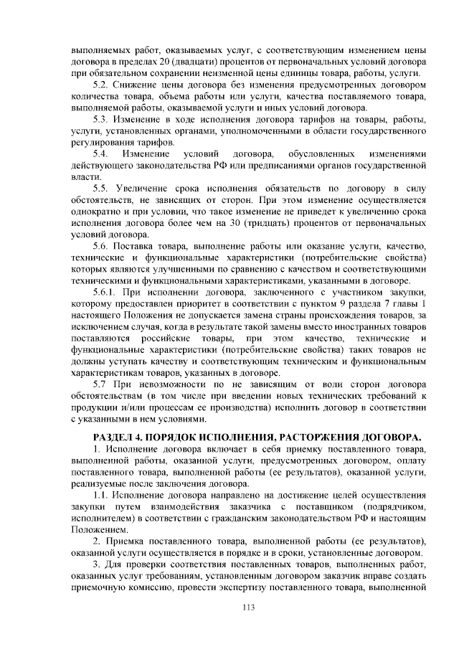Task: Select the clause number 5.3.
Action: (103, 118)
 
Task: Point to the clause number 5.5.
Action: (103, 189)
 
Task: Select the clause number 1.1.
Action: (103, 494)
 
